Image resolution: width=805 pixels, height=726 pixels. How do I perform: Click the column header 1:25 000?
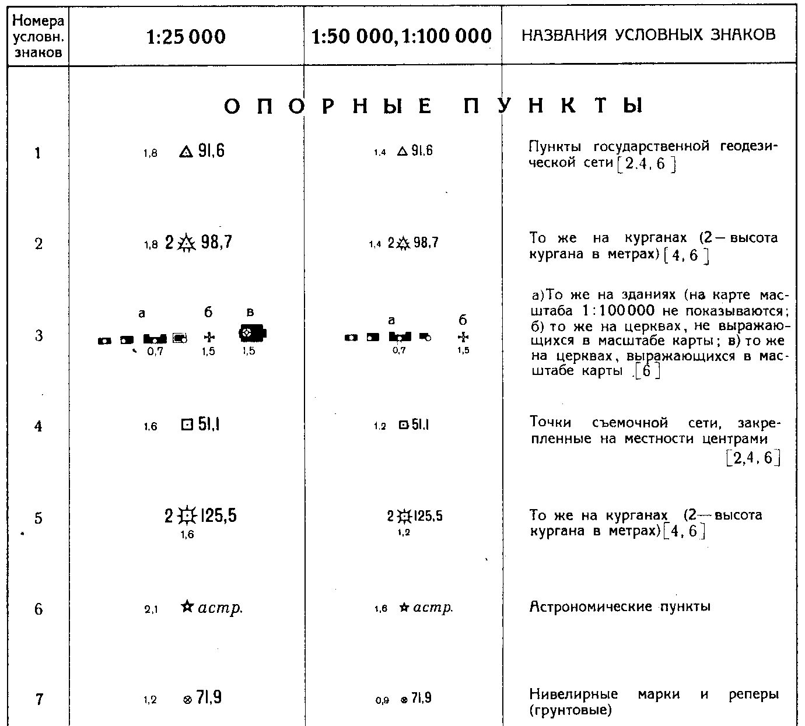[185, 37]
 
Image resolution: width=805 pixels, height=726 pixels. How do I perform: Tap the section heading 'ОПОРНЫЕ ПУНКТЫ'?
[433, 106]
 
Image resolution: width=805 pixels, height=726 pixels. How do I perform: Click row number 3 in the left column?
[38, 336]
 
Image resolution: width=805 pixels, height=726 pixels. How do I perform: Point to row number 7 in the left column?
[38, 699]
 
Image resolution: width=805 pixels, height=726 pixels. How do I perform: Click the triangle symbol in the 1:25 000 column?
[185, 153]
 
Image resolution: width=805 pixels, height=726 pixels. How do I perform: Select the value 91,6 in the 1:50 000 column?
[422, 151]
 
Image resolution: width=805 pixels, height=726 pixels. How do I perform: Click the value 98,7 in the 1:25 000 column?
[216, 243]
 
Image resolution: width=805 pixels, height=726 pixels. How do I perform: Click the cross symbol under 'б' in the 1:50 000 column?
[463, 337]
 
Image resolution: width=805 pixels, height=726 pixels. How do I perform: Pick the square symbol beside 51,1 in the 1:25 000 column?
[186, 426]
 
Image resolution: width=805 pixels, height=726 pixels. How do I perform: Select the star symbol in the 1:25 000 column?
[187, 607]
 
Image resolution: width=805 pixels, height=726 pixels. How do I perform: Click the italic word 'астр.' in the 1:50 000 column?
[433, 608]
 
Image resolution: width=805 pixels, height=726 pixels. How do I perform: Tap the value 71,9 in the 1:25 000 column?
[209, 698]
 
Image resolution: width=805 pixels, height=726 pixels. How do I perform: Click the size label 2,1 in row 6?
[150, 610]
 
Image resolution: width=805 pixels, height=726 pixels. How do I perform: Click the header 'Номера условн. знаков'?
[38, 37]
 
